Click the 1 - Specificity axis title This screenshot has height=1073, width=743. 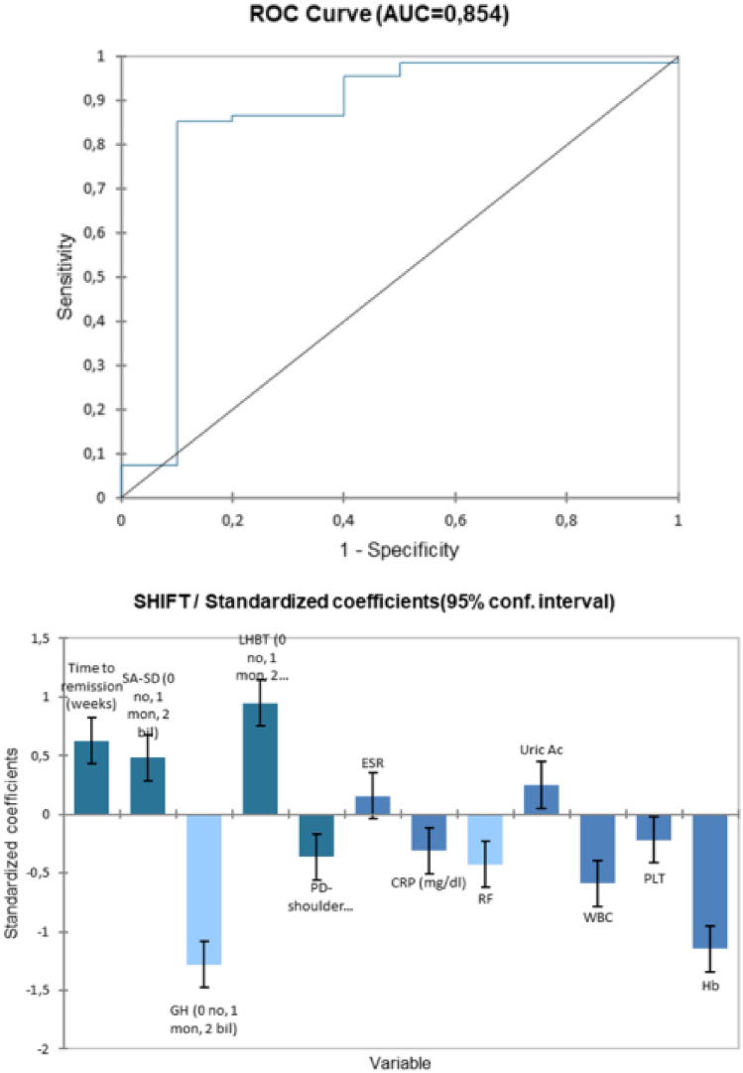(x=399, y=545)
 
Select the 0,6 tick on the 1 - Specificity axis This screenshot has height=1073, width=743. (x=566, y=519)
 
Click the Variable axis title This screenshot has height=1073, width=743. (x=399, y=1063)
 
